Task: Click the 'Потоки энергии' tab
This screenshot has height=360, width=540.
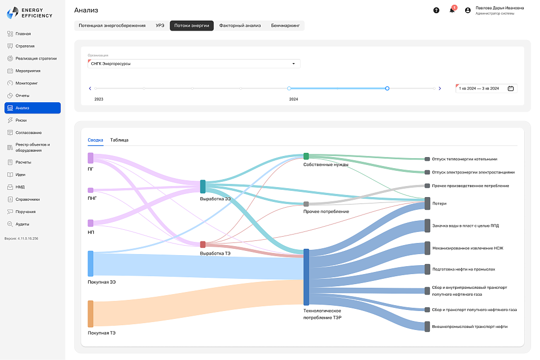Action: pos(191,25)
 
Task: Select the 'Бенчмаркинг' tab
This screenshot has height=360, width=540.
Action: pos(285,25)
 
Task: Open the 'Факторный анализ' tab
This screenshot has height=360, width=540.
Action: pos(240,25)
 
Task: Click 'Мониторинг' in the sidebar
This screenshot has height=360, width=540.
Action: pos(26,83)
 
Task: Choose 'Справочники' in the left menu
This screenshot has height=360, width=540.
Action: pos(27,200)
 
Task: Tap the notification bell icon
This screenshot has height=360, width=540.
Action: pos(452,11)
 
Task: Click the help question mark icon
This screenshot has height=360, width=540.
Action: pos(436,11)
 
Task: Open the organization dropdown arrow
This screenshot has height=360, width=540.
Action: pos(293,64)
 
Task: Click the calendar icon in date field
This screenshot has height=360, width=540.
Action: pos(510,89)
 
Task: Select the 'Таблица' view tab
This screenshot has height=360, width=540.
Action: pos(119,140)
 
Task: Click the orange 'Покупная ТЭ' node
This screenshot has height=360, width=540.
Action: pos(91,314)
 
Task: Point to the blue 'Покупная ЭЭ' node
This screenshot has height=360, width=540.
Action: pos(91,264)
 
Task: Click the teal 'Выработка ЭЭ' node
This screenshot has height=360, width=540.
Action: pos(203,187)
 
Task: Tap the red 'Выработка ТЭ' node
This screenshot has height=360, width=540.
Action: pos(203,245)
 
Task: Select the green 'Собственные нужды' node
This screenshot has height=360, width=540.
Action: pos(306,156)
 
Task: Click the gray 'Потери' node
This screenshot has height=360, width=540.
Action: pos(427,203)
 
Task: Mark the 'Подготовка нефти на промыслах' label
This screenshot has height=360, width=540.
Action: pos(464,269)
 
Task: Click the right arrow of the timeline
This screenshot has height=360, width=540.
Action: pos(440,89)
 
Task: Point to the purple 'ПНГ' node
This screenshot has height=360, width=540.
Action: pos(91,190)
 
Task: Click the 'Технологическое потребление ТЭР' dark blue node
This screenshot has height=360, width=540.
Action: pos(306,277)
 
